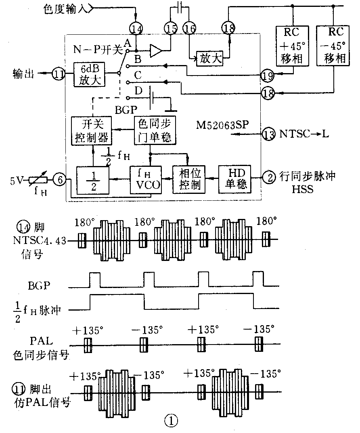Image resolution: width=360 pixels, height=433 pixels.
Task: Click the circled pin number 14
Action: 136,28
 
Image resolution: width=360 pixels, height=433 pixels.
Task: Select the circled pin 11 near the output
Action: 59,74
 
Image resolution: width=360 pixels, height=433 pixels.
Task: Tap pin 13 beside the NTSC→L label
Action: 269,133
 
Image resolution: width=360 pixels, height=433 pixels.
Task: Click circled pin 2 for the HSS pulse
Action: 269,176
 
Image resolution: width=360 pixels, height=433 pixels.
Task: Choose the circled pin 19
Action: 267,74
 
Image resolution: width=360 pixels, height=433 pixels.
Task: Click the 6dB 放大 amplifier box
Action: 89,74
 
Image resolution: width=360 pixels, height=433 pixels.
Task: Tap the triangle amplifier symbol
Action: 156,51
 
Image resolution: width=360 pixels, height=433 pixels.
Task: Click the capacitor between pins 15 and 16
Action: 179,7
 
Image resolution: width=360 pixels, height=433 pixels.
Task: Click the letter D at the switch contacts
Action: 138,91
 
